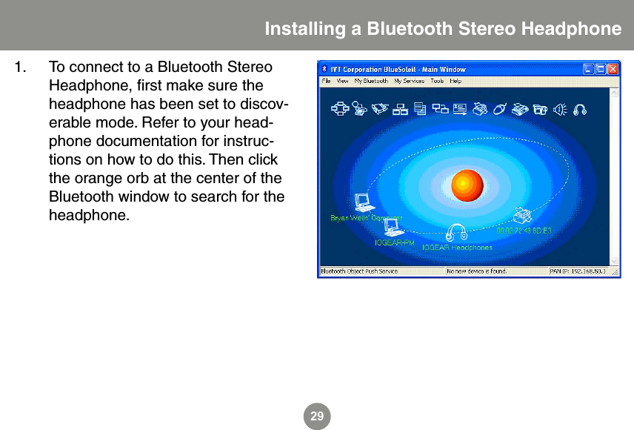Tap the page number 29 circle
pyautogui.click(x=317, y=417)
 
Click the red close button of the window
pyautogui.click(x=612, y=69)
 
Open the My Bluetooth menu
pyautogui.click(x=370, y=81)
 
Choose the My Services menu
pyautogui.click(x=408, y=81)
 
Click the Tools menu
pyautogui.click(x=437, y=81)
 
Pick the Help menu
pyautogui.click(x=456, y=81)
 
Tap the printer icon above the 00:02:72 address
pyautogui.click(x=523, y=216)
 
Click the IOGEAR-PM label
pyautogui.click(x=394, y=242)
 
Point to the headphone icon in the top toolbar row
pyautogui.click(x=580, y=109)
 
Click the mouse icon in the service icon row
pyautogui.click(x=499, y=109)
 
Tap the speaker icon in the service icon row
pyautogui.click(x=561, y=109)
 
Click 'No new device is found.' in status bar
pyautogui.click(x=476, y=271)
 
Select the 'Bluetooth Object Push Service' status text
pyautogui.click(x=359, y=271)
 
